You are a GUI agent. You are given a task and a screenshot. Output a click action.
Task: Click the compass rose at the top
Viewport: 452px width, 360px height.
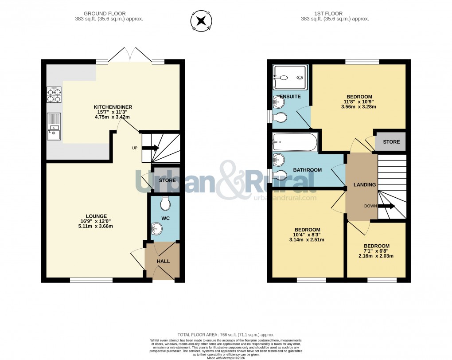coord(201,21)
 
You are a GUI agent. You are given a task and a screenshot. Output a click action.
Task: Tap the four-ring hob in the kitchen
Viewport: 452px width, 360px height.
coord(54,94)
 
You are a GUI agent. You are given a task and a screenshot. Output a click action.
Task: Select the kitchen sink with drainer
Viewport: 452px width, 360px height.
coord(54,126)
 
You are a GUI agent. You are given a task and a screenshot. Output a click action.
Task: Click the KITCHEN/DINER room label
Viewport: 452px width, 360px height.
coord(113,107)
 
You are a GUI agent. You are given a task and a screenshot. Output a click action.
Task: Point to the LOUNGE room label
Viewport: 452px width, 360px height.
coord(94,216)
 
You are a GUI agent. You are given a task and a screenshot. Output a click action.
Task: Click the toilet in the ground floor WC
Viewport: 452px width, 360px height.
coord(165,203)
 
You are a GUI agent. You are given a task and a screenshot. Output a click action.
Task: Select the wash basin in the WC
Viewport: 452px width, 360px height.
coord(156,229)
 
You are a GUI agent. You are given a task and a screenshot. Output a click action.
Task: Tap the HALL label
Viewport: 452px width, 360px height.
coord(163,262)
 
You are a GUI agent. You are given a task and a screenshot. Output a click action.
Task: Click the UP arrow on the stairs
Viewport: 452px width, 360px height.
coord(150,149)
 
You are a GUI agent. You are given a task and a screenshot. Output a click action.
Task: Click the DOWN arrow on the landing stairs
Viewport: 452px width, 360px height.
coord(386,206)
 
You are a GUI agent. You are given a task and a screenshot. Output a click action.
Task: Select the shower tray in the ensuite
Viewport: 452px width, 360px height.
coord(288,78)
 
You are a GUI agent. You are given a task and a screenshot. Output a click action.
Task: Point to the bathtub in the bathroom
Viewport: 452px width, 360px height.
coord(295,142)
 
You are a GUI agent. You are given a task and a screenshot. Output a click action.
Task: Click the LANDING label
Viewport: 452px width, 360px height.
coord(365,184)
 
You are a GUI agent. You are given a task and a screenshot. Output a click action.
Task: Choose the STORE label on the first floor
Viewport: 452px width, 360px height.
coord(391,142)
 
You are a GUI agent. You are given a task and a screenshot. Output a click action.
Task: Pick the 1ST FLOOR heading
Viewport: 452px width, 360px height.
coord(335,14)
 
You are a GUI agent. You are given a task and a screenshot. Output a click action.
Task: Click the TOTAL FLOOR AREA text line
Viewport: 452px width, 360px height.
coord(226,335)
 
